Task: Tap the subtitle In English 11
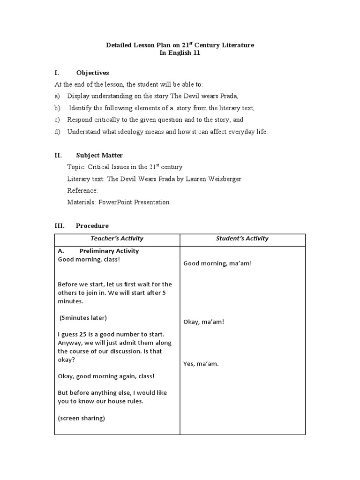[x=180, y=53]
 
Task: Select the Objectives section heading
[x=92, y=73]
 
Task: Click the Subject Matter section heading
[x=99, y=155]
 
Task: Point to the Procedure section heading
[x=92, y=225]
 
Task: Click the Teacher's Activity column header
[x=117, y=239]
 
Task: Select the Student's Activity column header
[x=242, y=239]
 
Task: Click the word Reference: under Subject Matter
[x=82, y=190]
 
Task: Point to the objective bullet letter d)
[x=57, y=132]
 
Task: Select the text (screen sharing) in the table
[x=81, y=418]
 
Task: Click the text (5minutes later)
[x=83, y=318]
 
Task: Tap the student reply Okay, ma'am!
[x=203, y=322]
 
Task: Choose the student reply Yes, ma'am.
[x=201, y=363]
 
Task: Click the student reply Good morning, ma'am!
[x=217, y=263]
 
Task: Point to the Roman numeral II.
[x=58, y=155]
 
